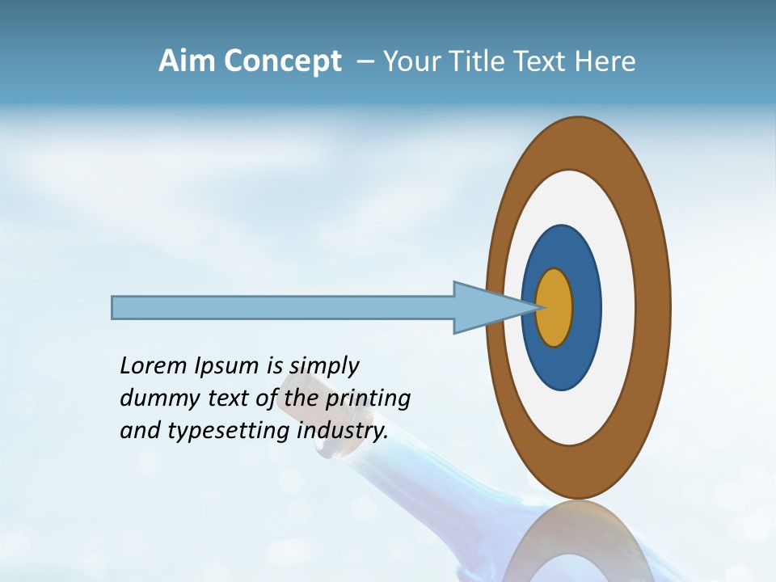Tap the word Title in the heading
tap(479, 61)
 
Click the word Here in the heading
tap(605, 61)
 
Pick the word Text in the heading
tap(542, 61)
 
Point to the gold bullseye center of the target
tap(555, 307)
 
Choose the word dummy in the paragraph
tap(155, 399)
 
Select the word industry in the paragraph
tap(342, 431)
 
